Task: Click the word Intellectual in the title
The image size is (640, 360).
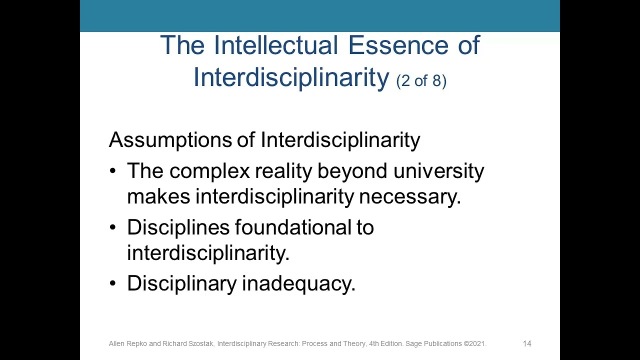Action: click(x=275, y=45)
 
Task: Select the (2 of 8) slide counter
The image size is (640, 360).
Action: click(x=421, y=80)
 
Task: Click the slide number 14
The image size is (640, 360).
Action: click(x=527, y=343)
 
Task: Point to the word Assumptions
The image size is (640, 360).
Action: click(x=170, y=140)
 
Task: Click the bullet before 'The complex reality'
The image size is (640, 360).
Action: click(x=112, y=171)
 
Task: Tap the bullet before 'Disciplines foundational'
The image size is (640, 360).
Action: click(x=112, y=228)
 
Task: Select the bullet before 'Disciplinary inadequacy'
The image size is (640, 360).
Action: click(x=112, y=284)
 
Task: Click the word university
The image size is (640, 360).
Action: click(x=438, y=171)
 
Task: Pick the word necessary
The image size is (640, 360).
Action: click(x=409, y=196)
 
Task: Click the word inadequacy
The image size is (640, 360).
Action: click(x=298, y=284)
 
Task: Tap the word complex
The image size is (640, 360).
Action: click(x=209, y=171)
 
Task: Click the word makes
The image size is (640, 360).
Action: click(x=158, y=196)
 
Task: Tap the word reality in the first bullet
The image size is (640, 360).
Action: click(x=283, y=171)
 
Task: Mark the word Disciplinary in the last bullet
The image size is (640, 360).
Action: click(x=181, y=284)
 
